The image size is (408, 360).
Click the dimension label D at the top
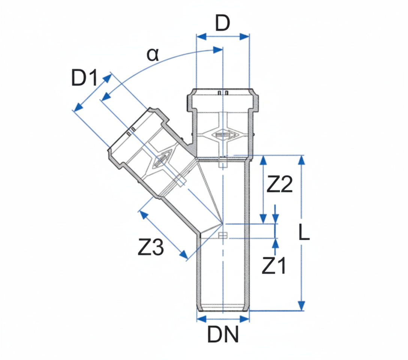click(x=222, y=24)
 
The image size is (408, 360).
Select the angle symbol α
click(x=153, y=55)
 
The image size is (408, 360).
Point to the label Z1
click(x=274, y=266)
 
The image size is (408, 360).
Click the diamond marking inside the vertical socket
click(x=222, y=135)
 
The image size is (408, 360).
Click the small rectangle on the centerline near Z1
click(x=223, y=235)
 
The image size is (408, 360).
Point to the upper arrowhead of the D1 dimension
click(x=108, y=78)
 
